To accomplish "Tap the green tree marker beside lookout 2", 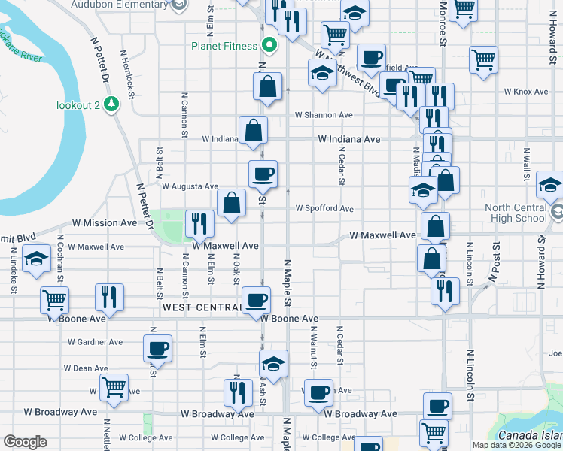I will [x=112, y=103].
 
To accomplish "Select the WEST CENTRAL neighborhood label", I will [x=201, y=308].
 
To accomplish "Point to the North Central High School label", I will [x=516, y=213].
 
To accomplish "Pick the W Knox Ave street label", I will [x=526, y=92].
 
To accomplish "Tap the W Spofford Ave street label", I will [x=324, y=208].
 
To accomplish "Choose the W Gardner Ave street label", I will [x=95, y=342].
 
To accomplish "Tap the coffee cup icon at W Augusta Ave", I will [x=263, y=174].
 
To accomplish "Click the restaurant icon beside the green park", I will [x=199, y=222].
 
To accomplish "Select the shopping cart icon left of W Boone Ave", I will [x=55, y=300].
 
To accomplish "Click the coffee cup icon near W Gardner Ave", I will [x=157, y=348].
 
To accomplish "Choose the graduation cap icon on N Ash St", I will [x=273, y=363].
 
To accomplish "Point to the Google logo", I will [x=26, y=442].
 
